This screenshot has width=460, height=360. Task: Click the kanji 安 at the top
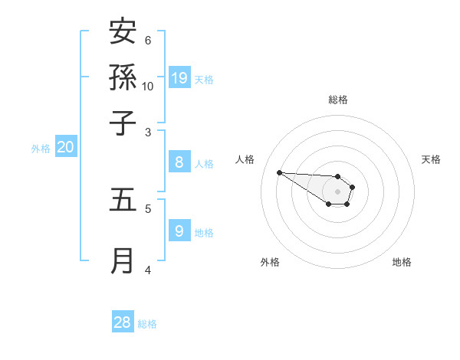(x=123, y=33)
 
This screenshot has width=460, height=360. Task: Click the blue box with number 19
(x=179, y=77)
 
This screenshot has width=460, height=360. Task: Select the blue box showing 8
(x=179, y=162)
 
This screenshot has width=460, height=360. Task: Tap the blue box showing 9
(x=179, y=230)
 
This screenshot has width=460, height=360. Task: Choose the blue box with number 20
(x=65, y=147)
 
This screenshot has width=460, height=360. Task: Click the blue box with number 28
(x=123, y=322)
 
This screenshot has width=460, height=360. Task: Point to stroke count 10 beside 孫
(x=148, y=86)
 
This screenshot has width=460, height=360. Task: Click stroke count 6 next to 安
(x=148, y=40)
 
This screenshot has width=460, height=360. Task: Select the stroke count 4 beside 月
(x=148, y=269)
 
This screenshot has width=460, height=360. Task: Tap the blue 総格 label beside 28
(x=147, y=324)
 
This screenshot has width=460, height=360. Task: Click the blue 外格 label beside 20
(x=41, y=149)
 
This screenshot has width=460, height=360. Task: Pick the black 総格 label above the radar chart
(x=337, y=100)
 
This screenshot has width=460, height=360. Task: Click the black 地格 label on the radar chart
(x=402, y=262)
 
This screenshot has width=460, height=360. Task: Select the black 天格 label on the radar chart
(x=431, y=159)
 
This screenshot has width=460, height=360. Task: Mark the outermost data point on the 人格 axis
(x=279, y=172)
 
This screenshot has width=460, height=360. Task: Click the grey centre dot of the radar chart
(x=337, y=191)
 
